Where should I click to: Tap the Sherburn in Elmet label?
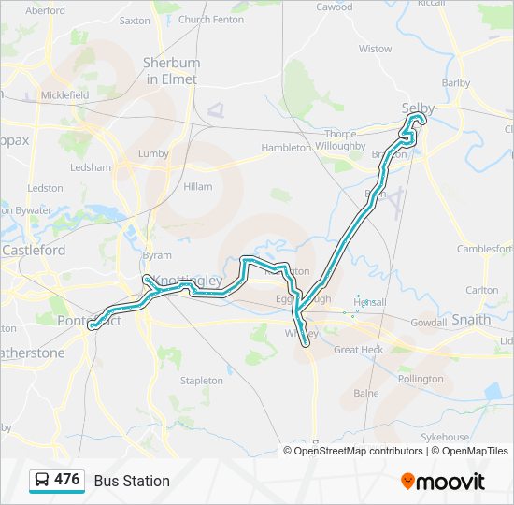[170, 71]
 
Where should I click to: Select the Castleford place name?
[34, 251]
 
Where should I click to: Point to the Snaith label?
[470, 319]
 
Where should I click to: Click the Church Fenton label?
[210, 19]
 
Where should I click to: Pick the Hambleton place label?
[285, 148]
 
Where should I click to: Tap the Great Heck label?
[358, 350]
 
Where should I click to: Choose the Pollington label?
[421, 379]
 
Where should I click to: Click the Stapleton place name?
[202, 381]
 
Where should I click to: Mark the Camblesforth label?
[484, 249]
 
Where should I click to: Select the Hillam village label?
[198, 187]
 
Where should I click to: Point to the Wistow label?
[376, 49]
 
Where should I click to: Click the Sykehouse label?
[444, 437]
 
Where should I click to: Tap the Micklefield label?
[64, 95]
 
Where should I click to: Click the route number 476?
[67, 480]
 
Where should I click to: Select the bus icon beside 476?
[42, 481]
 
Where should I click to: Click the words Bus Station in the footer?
[132, 481]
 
